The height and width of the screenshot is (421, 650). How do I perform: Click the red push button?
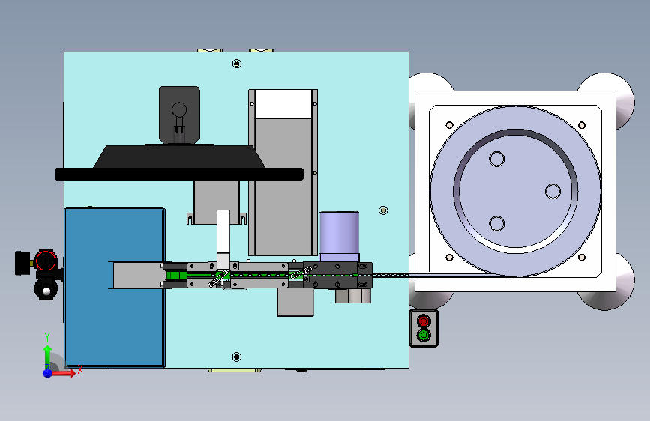[x=424, y=321]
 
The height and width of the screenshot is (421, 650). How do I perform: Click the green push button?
[x=424, y=335]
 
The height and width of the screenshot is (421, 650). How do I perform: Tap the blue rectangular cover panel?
[x=115, y=288]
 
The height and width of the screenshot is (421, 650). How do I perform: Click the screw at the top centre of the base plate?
[x=237, y=64]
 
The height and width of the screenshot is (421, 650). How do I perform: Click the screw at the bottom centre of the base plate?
[x=237, y=357]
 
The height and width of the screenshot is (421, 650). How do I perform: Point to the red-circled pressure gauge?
[x=46, y=261]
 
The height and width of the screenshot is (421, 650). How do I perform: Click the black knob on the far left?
[x=22, y=263]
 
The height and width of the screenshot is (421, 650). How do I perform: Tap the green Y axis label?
[x=47, y=337]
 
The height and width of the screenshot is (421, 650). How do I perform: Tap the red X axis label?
[x=80, y=369]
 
